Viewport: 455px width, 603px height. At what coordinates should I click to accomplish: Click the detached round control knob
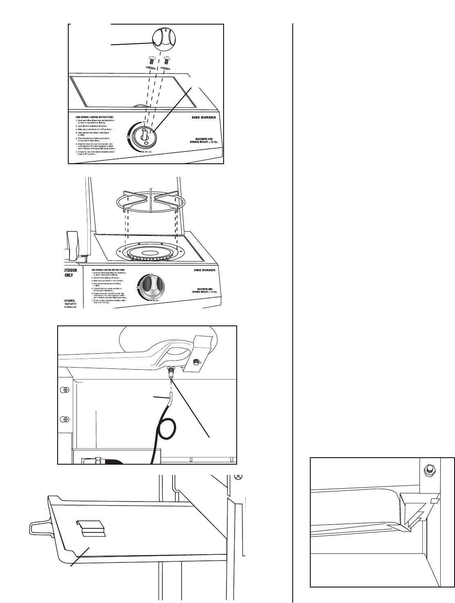163,39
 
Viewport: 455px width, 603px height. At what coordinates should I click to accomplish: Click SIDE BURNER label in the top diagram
204,117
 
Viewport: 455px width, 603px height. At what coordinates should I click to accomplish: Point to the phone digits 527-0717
71,304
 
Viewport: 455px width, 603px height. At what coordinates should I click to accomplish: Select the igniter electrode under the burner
171,374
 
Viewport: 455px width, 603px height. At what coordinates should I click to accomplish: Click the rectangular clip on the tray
90,528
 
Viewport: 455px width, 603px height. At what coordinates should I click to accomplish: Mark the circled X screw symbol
240,477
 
